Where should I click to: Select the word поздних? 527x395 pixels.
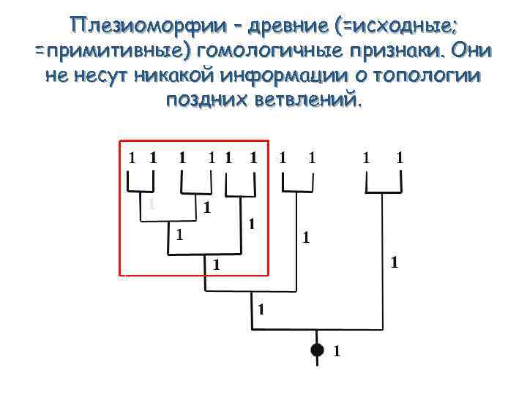tap(209, 99)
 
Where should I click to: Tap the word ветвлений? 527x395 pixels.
tap(310, 99)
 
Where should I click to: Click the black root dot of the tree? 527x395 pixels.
tap(317, 350)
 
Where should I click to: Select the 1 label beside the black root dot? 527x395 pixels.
tap(337, 351)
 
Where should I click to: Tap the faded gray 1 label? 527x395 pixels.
tap(151, 204)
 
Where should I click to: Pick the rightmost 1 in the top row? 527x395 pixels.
tap(400, 157)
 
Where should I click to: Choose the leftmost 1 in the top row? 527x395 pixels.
tap(132, 157)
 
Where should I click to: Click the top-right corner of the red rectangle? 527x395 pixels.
tap(269, 140)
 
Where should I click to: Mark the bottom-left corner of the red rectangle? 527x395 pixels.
tap(120, 275)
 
